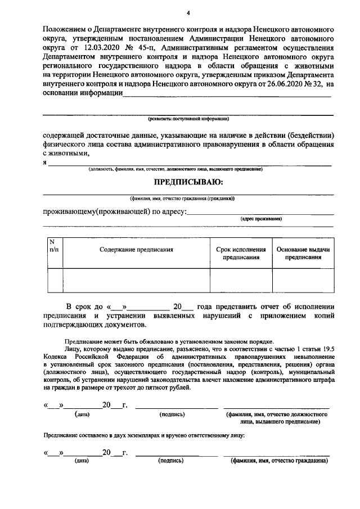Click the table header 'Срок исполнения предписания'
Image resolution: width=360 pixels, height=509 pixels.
tap(241, 253)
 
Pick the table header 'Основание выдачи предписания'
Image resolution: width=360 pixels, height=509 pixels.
tap(303, 253)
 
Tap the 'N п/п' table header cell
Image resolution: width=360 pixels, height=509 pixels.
tap(54, 245)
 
